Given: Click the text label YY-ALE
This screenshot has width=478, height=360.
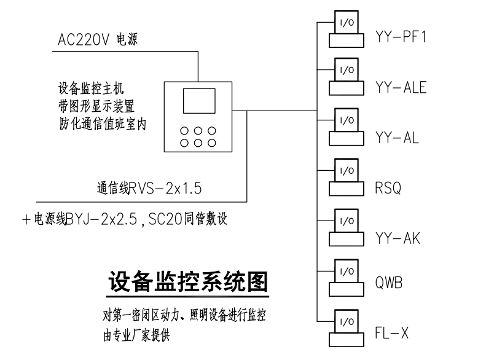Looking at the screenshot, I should [400, 88].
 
